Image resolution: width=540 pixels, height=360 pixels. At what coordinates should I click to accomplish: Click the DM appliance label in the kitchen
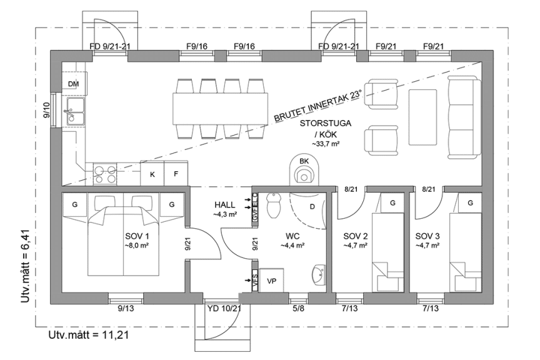(74, 84)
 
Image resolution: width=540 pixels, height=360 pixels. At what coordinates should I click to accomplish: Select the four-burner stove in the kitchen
(104, 173)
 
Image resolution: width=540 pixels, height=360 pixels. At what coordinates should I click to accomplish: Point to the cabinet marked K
(152, 174)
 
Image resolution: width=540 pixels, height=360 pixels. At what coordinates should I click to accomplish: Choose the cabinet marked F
(176, 174)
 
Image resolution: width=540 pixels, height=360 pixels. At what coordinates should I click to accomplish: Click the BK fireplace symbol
(304, 171)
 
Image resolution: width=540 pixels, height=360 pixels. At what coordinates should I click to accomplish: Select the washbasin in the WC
(318, 274)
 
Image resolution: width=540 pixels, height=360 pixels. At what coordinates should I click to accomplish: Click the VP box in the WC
(271, 281)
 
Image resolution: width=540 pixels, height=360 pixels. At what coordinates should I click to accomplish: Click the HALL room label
(224, 204)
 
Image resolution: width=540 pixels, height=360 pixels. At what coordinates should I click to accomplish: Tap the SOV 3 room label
(428, 236)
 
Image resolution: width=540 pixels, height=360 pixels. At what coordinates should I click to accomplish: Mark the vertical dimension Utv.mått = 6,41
(26, 266)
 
